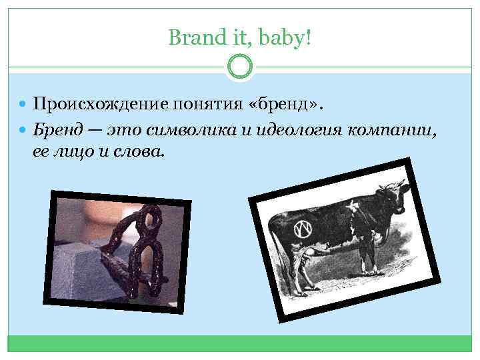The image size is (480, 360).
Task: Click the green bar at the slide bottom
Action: tap(239, 343)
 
